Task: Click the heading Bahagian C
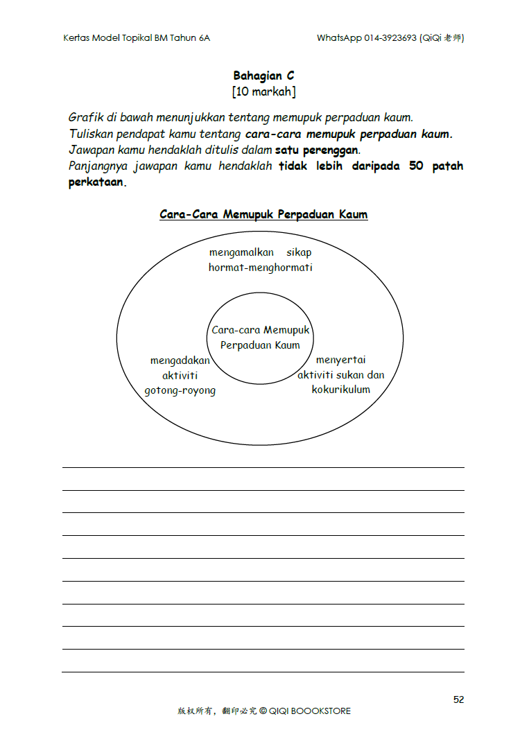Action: point(263,76)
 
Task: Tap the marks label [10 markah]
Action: point(263,92)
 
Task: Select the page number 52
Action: point(458,699)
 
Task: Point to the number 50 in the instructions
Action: point(416,166)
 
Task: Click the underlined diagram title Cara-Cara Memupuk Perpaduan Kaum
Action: point(263,214)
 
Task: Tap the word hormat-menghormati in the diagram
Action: point(261,268)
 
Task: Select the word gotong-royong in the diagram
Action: point(180,390)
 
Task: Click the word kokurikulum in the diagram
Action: point(341,390)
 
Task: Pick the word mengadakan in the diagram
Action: point(180,360)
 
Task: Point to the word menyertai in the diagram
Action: point(340,360)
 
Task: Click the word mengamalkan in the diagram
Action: point(241,252)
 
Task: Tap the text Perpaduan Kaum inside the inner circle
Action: point(260,345)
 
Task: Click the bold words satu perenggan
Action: point(318,150)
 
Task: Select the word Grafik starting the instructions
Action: point(85,117)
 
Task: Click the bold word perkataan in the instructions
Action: point(97,183)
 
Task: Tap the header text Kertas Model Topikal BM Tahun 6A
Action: point(137,38)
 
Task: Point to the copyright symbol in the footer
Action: point(263,711)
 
